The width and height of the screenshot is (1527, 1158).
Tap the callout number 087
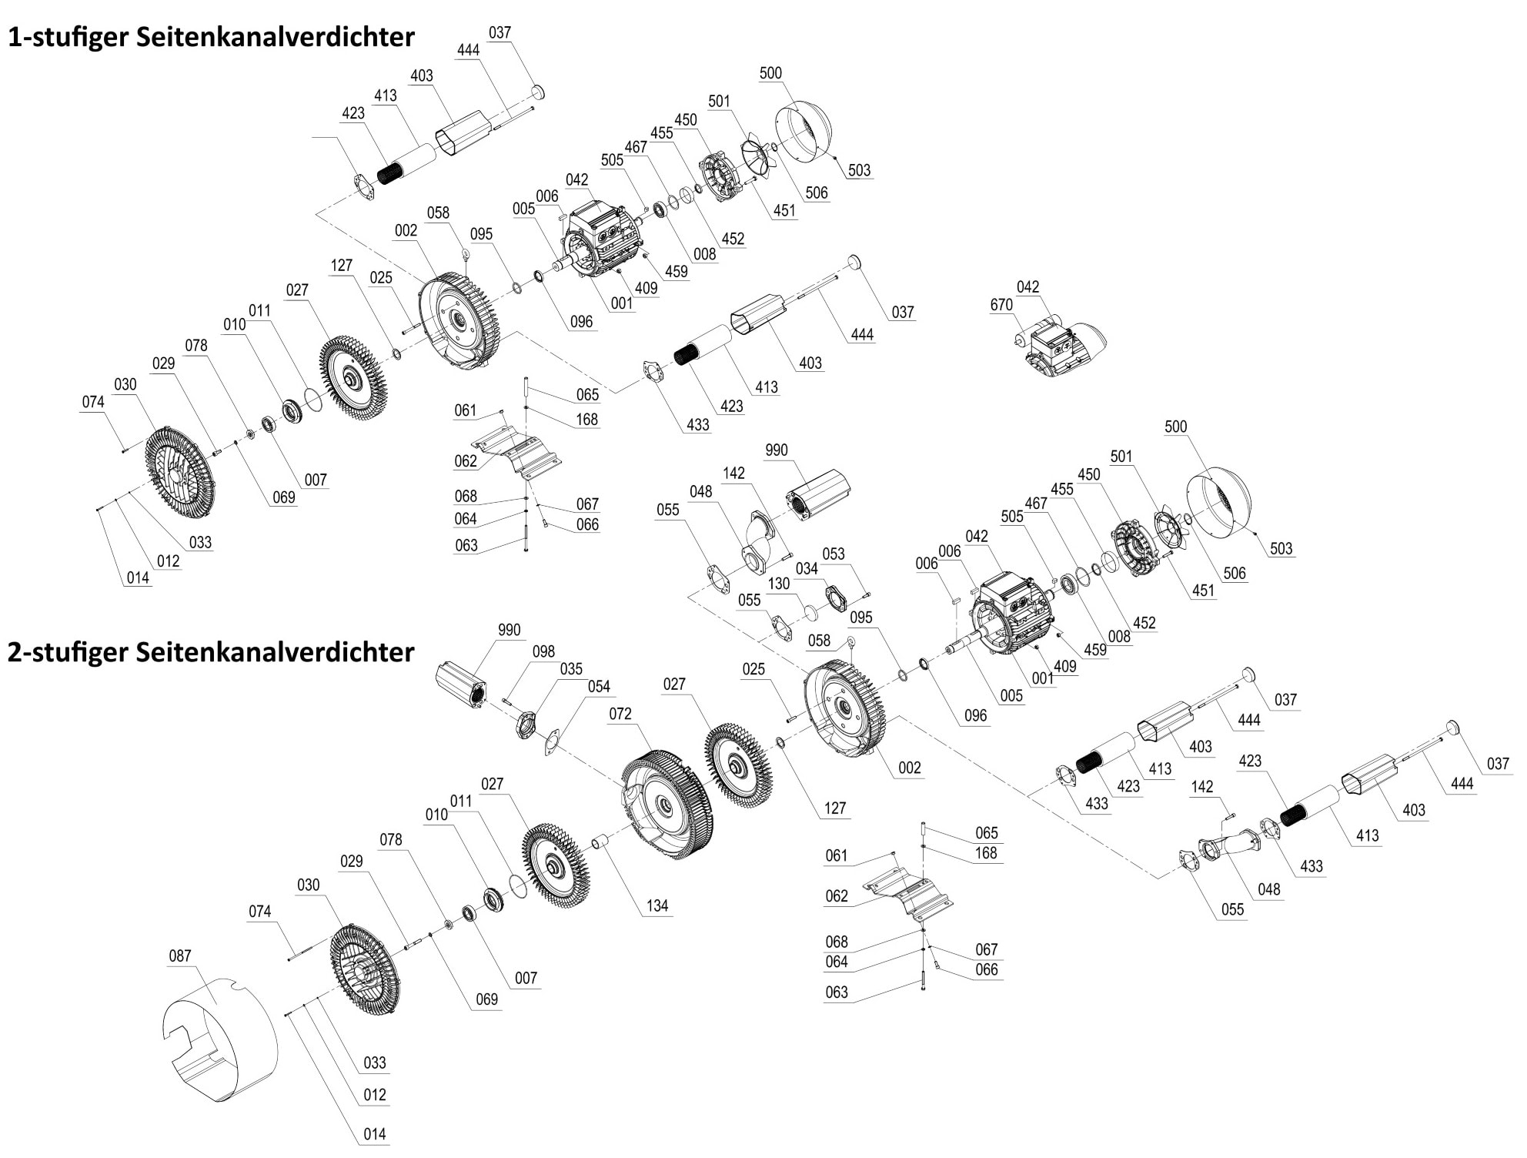click(179, 956)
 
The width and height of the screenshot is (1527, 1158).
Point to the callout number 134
click(657, 905)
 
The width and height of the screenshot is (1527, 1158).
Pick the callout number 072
click(620, 714)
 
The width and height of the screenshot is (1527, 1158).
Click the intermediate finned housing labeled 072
click(667, 805)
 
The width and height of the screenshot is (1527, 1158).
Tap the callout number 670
click(1001, 305)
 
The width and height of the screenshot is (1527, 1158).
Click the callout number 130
click(778, 584)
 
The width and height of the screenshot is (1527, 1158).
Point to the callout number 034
click(806, 568)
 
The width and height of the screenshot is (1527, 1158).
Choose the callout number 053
click(833, 554)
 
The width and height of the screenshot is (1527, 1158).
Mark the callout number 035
click(570, 669)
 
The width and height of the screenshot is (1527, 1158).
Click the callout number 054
click(598, 686)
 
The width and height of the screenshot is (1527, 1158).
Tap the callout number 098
click(543, 651)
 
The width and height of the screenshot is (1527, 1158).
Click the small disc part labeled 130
click(810, 613)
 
